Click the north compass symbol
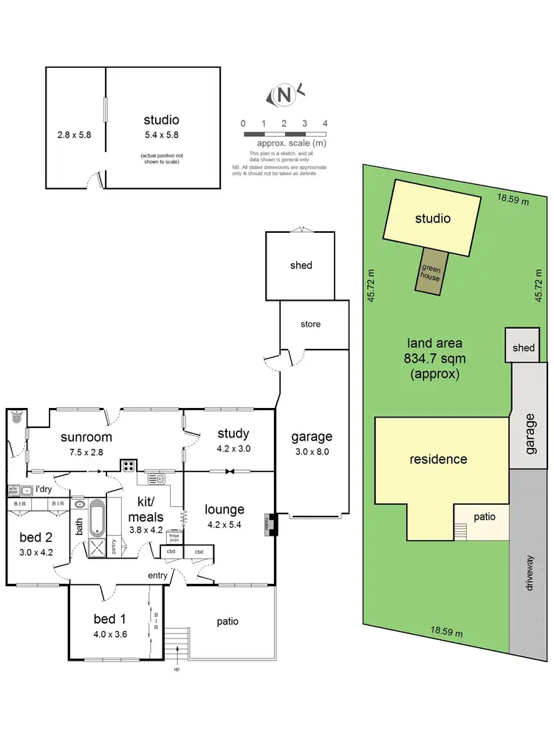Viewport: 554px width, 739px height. click(284, 95)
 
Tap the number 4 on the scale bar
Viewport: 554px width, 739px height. click(325, 123)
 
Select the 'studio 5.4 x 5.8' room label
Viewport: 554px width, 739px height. click(162, 126)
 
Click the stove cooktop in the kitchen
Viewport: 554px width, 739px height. click(129, 466)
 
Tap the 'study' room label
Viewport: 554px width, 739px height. click(233, 434)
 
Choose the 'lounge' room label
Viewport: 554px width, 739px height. click(225, 509)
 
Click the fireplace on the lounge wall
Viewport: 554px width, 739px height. click(270, 524)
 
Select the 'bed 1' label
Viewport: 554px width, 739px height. click(109, 618)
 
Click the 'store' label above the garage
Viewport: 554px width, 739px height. click(311, 324)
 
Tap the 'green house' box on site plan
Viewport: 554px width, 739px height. click(430, 273)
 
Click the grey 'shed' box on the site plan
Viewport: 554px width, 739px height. click(523, 348)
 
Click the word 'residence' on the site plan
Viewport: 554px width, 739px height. click(438, 459)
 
